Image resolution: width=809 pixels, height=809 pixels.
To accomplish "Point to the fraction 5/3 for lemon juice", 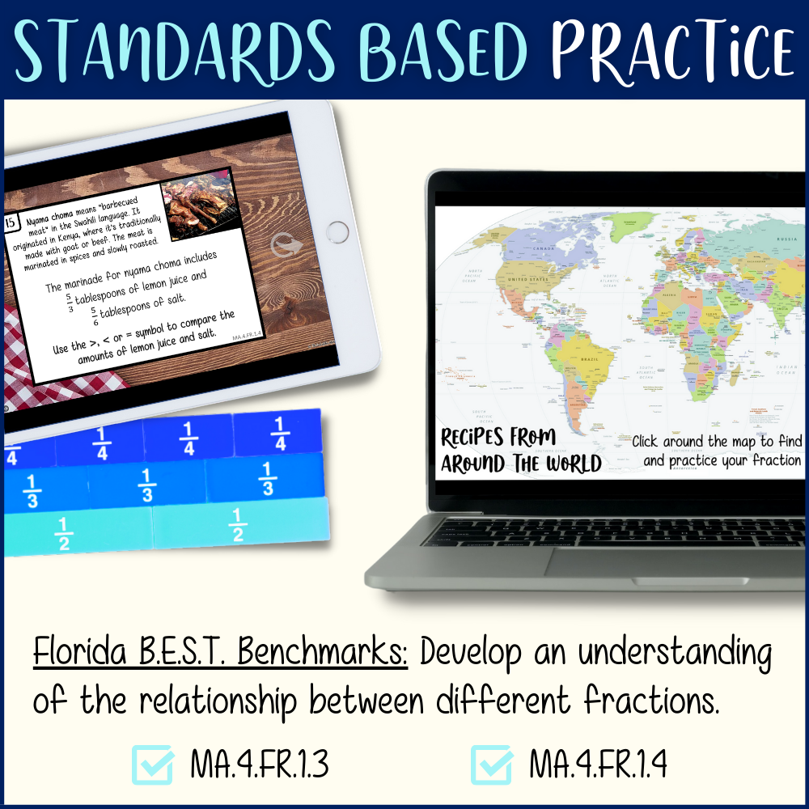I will tap(70, 302).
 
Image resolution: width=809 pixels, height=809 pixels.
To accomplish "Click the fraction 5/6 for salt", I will tap(94, 313).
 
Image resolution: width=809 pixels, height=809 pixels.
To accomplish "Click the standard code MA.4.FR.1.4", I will tap(598, 765).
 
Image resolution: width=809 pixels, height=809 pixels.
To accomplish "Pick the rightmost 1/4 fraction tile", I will tap(280, 434).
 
